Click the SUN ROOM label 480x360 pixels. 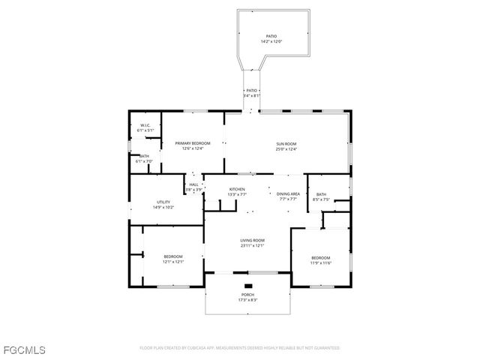coord(286,143)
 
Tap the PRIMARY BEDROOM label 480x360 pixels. coord(193,142)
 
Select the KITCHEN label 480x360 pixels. coord(237,189)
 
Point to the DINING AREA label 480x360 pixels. coord(289,193)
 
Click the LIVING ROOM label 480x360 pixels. coord(252,240)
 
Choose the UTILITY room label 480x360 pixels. coord(163,202)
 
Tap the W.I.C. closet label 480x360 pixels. coord(145,125)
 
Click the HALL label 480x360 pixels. coord(193,184)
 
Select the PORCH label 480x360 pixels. coord(247,295)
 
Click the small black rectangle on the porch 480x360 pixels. coord(248,285)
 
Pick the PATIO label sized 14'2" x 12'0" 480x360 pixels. coord(271,36)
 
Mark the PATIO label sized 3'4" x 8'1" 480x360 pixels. coord(251,90)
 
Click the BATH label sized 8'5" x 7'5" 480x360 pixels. coord(321,195)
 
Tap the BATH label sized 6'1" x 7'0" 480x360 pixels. coord(143,156)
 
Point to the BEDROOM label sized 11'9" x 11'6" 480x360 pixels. coord(321,257)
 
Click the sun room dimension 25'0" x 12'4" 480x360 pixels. coord(286,148)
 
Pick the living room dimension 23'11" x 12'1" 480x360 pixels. coord(252,245)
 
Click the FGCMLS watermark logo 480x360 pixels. coord(24,349)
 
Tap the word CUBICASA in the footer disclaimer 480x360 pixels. coord(196,348)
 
